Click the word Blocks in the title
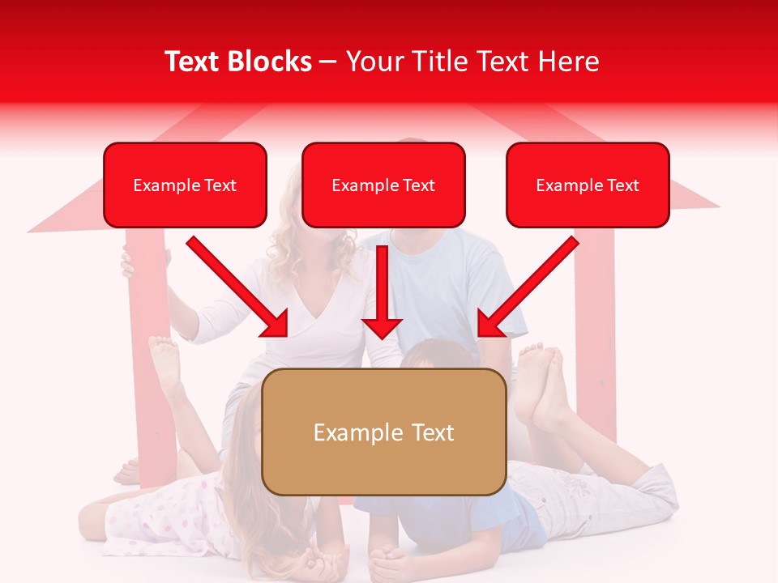pyautogui.click(x=271, y=62)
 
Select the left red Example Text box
pyautogui.click(x=185, y=185)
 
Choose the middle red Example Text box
pyautogui.click(x=383, y=185)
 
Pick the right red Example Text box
pyautogui.click(x=588, y=185)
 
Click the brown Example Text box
pyautogui.click(x=384, y=432)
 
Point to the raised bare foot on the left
pyautogui.click(x=165, y=361)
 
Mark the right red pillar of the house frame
pyautogui.click(x=595, y=324)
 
